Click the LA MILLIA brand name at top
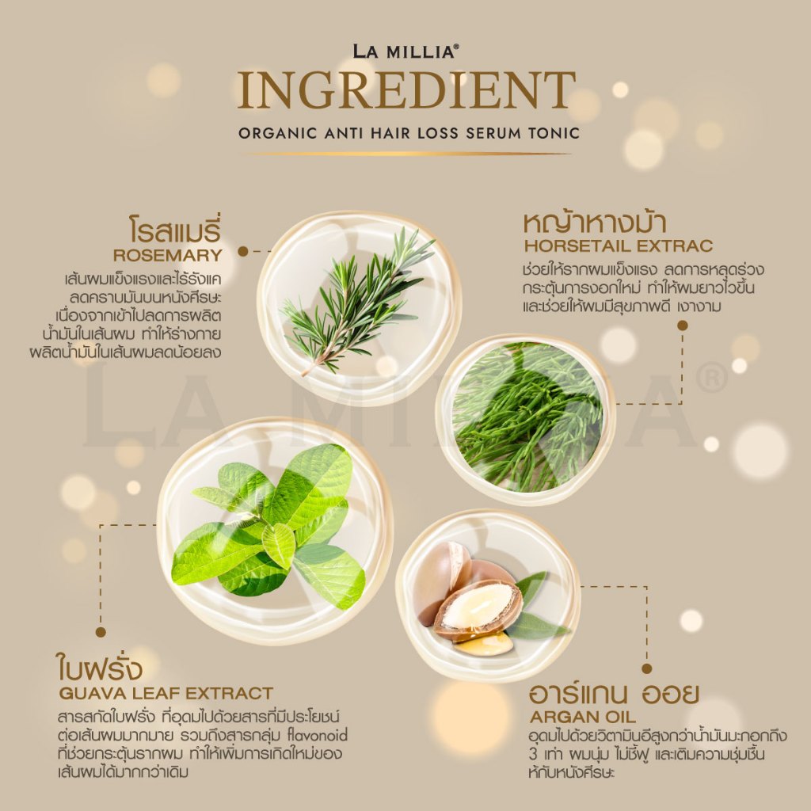(405, 51)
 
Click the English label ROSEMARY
(168, 255)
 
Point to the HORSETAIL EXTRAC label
(619, 246)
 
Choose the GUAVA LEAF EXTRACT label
(166, 693)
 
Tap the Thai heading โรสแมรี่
(175, 230)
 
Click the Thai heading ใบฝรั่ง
(98, 667)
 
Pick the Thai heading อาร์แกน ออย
(614, 694)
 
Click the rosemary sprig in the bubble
(357, 300)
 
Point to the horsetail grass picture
(527, 417)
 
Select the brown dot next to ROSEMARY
(242, 252)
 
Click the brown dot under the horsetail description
(682, 326)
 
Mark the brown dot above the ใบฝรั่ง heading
(101, 631)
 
